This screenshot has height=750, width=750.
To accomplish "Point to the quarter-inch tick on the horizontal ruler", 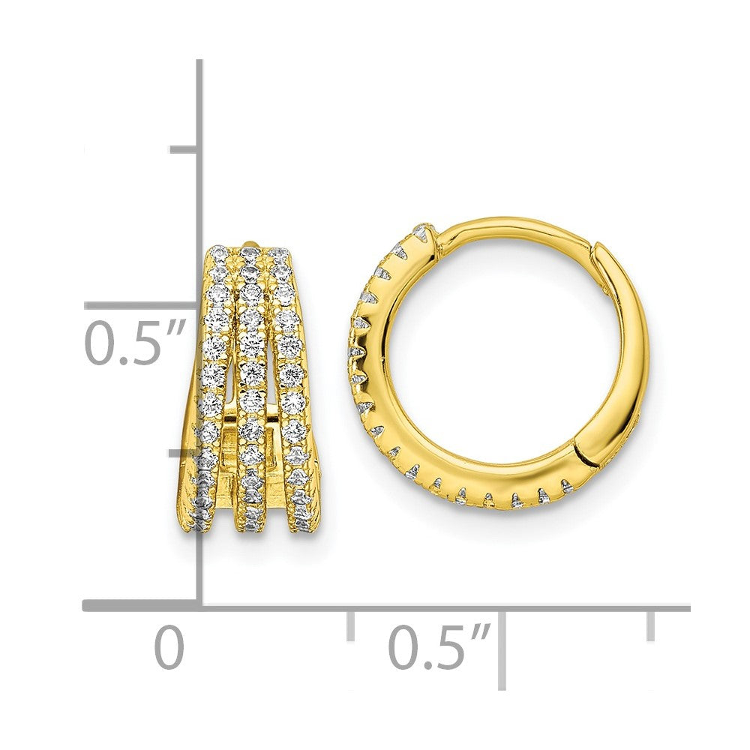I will pos(350,624).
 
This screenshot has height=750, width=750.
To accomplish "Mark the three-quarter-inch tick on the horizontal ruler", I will pos(650,624).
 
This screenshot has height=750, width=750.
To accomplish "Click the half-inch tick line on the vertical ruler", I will pos(142,305).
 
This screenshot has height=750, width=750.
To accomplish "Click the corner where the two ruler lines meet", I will pos(200,605).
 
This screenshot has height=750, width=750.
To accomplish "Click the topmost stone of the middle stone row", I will pos(250,252).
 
